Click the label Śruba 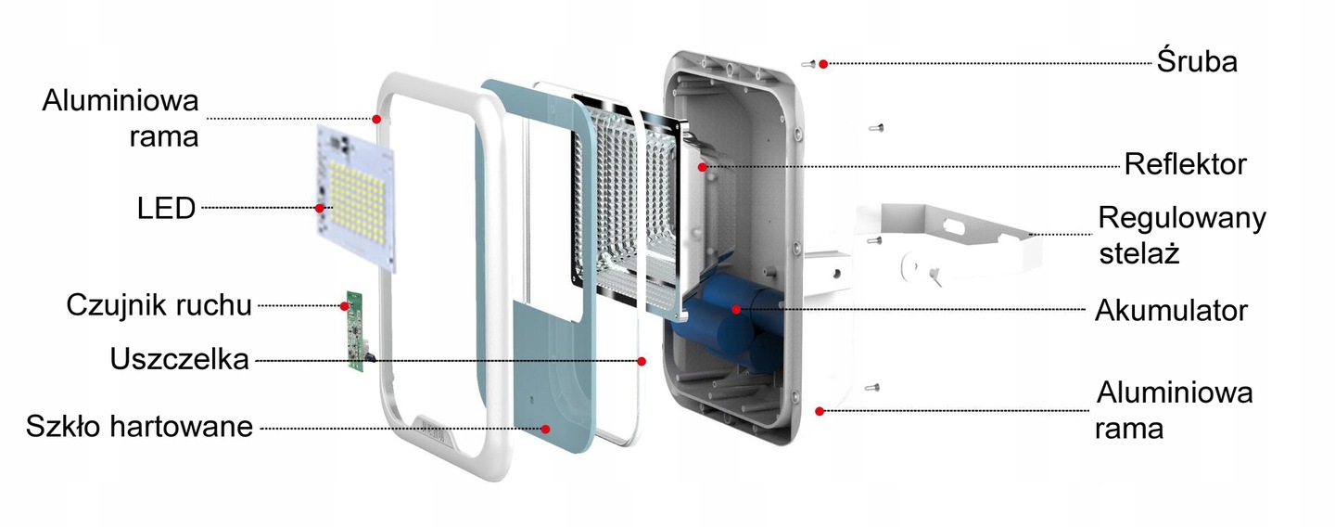1197,63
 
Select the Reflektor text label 1185,165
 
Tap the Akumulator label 1171,310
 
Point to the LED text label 167,209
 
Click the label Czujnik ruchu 159,305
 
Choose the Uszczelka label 179,359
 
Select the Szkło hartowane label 139,427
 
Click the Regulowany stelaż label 1181,236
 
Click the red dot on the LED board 321,209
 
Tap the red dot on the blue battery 735,310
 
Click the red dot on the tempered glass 546,429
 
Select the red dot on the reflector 704,167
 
